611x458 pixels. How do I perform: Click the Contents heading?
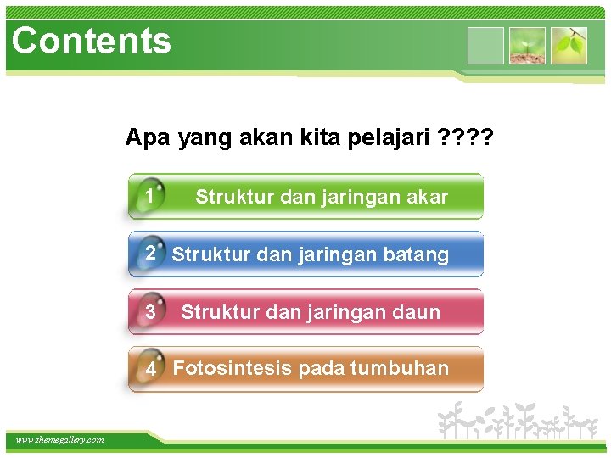[x=92, y=41]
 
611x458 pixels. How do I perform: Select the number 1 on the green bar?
[x=149, y=197]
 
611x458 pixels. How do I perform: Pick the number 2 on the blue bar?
[x=150, y=254]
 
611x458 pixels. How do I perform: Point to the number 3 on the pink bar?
[x=150, y=312]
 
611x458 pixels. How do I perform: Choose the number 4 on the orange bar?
[x=150, y=370]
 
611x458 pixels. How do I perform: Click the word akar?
[x=427, y=198]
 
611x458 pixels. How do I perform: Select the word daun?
[x=418, y=313]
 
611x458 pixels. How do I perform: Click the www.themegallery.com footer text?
[x=59, y=439]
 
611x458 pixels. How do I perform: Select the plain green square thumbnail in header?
[x=485, y=46]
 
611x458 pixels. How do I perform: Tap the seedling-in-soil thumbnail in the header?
[x=527, y=46]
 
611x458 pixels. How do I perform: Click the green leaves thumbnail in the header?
[x=569, y=46]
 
